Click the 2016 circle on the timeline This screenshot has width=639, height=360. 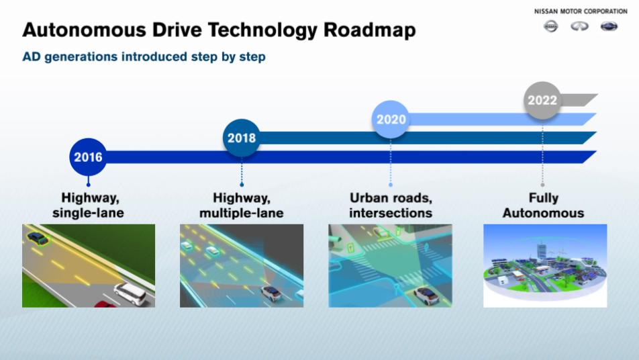tap(88, 157)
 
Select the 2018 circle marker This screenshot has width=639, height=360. tap(241, 138)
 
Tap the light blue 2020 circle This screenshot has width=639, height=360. tap(391, 119)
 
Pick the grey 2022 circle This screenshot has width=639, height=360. tap(542, 100)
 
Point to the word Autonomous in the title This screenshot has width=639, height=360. tap(85, 30)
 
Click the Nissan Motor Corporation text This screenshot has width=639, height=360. tap(581, 11)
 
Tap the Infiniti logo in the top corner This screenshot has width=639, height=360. tap(579, 26)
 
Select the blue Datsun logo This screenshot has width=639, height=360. tap(609, 26)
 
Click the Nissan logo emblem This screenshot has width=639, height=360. tap(551, 26)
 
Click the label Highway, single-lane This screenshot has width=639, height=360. tap(89, 205)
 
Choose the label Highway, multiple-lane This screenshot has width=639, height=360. tap(241, 205)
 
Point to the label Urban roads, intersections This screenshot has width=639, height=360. tap(391, 205)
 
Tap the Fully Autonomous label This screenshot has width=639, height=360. tap(543, 205)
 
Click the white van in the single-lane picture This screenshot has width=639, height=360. tap(130, 294)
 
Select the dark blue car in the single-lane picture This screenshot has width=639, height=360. tap(38, 238)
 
